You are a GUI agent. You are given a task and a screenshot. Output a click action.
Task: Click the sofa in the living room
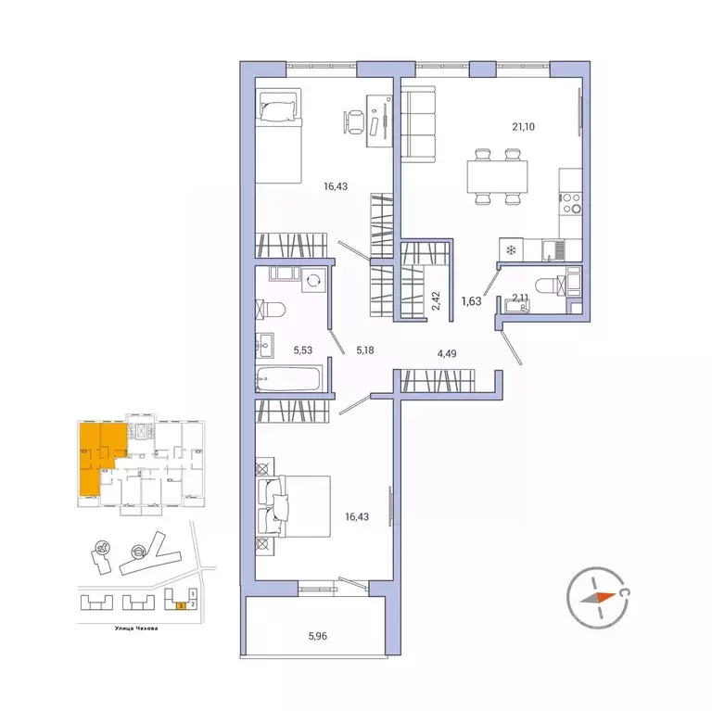coord(418,123)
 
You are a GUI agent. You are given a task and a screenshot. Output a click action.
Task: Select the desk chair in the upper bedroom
coord(354,121)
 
